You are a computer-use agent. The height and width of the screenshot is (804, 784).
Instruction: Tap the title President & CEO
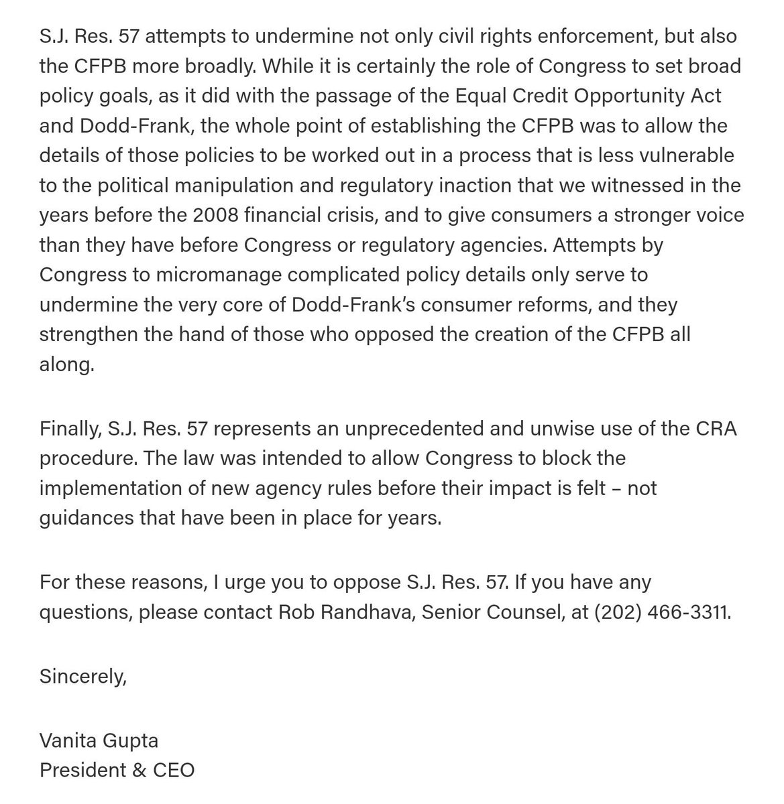coord(117,769)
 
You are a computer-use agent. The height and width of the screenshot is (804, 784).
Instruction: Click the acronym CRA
coord(712,429)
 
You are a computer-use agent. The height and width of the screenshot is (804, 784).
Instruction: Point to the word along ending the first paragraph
coord(64,366)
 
